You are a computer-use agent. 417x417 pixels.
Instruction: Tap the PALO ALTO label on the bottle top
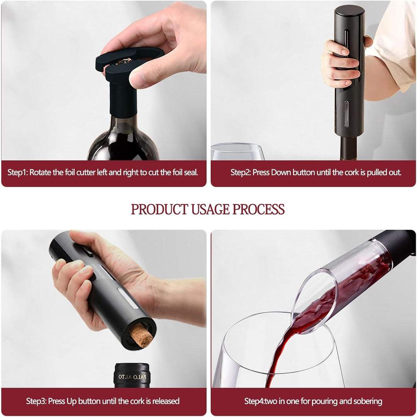(x=132, y=377)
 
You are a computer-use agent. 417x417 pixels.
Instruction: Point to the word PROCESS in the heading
(x=258, y=209)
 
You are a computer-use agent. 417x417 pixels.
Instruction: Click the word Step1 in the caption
(x=17, y=172)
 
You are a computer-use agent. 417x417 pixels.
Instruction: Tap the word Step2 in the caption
(x=241, y=172)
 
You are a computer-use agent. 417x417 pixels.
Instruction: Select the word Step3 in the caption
(x=36, y=401)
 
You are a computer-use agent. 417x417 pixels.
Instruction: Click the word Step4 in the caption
(x=254, y=401)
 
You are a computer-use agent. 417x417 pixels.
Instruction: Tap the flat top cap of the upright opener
(x=349, y=11)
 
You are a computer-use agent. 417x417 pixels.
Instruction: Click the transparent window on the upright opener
(x=346, y=114)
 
